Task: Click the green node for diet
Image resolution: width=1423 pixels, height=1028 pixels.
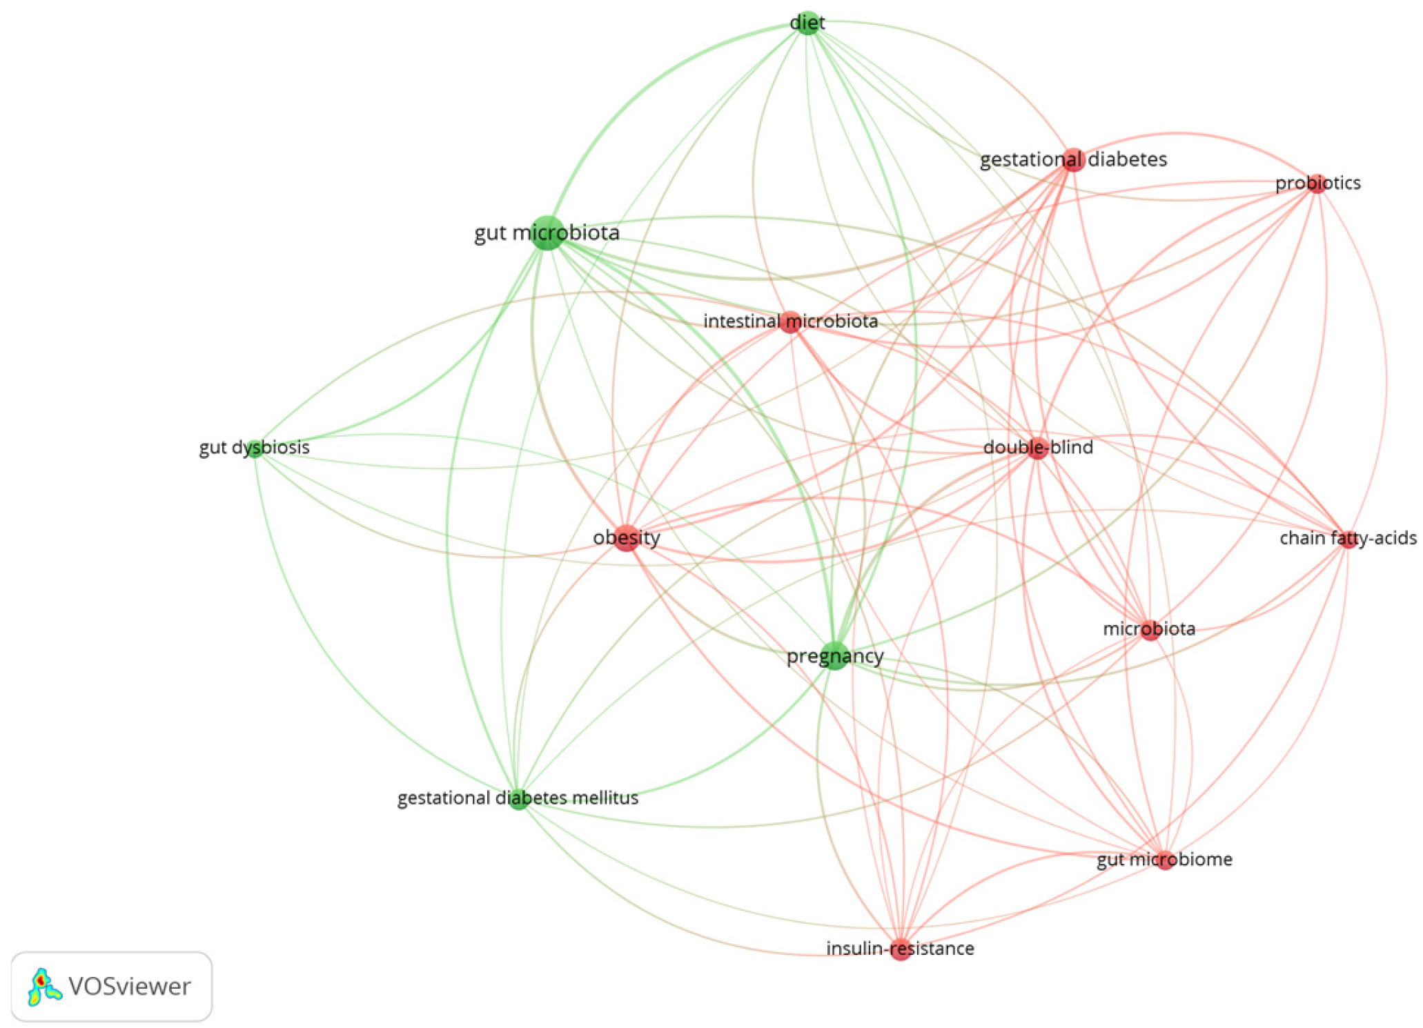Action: pos(807,23)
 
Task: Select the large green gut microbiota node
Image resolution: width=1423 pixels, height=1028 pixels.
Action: pos(547,233)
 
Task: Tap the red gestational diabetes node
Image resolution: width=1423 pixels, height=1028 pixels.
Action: pos(1072,160)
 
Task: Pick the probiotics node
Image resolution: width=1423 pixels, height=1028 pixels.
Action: pos(1317,184)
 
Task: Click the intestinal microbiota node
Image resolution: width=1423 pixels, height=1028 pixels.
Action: pos(790,322)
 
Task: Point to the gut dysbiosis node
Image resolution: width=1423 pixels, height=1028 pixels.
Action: pos(255,448)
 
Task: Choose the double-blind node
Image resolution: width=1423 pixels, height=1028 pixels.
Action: pos(1037,448)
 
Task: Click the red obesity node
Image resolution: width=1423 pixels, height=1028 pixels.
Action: pos(626,538)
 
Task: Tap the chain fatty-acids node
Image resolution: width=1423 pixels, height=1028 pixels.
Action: pos(1348,540)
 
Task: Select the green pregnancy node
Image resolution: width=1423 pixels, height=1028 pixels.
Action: pos(835,656)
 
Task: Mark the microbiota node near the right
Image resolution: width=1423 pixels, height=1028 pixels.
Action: pos(1150,630)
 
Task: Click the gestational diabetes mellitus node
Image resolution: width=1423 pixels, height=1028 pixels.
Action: pos(518,799)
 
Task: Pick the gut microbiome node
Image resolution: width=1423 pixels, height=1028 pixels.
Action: pos(1165,860)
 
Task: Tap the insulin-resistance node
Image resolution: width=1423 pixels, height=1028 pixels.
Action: pos(900,950)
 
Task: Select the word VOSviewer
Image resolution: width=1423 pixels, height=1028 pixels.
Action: pos(130,987)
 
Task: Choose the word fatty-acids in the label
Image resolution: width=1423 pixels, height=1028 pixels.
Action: pos(1373,538)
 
